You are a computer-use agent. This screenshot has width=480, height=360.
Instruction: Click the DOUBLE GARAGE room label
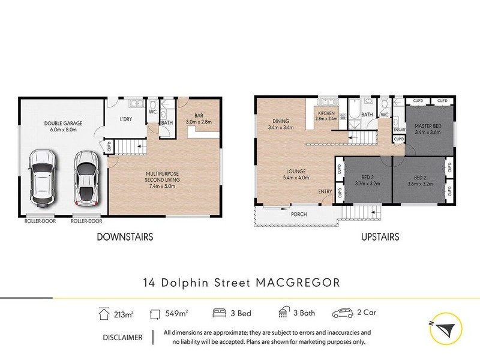(63, 127)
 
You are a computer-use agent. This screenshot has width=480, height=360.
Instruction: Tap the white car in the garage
(43, 177)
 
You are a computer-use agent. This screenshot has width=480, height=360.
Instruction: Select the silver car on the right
(86, 177)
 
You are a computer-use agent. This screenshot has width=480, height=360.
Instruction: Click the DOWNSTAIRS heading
(125, 237)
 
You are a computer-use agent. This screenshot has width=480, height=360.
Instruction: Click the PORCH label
(299, 214)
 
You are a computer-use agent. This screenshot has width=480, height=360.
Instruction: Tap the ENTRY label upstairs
(325, 191)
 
